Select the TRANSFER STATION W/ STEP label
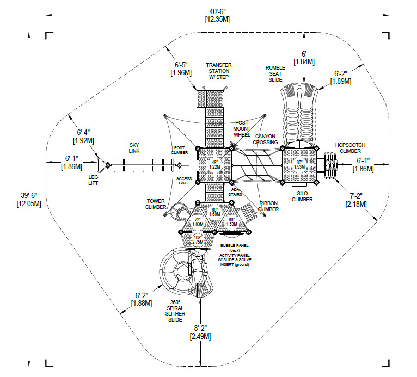pyautogui.click(x=218, y=71)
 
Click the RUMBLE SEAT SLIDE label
pyautogui.click(x=275, y=74)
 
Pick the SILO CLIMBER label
pyautogui.click(x=302, y=196)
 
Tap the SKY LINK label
pyautogui.click(x=134, y=147)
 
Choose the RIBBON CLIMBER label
pyautogui.click(x=268, y=205)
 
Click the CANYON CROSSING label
pyautogui.click(x=265, y=139)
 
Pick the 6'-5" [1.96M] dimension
pyautogui.click(x=181, y=69)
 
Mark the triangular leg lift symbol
pyautogui.click(x=102, y=165)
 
